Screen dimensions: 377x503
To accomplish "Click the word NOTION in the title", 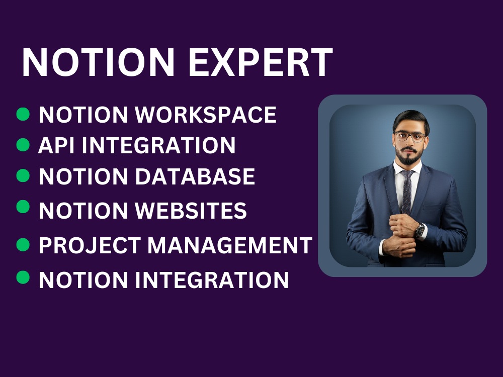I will pos(99,62).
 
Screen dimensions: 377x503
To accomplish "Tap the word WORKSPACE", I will pos(207,115).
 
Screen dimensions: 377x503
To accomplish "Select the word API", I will pos(56,146).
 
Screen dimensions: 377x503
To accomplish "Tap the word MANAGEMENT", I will pos(230,245).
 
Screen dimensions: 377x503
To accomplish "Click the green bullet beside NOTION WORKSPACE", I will pos(23,114).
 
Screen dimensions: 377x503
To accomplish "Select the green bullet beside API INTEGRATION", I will pos(23,145).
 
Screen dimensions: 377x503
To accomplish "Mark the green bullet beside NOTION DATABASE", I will pos(23,175).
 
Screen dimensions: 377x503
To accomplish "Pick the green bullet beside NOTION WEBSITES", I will pos(23,207).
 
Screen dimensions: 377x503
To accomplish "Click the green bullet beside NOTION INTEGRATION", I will pos(23,277).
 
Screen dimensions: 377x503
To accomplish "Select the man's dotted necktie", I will pos(406,191).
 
